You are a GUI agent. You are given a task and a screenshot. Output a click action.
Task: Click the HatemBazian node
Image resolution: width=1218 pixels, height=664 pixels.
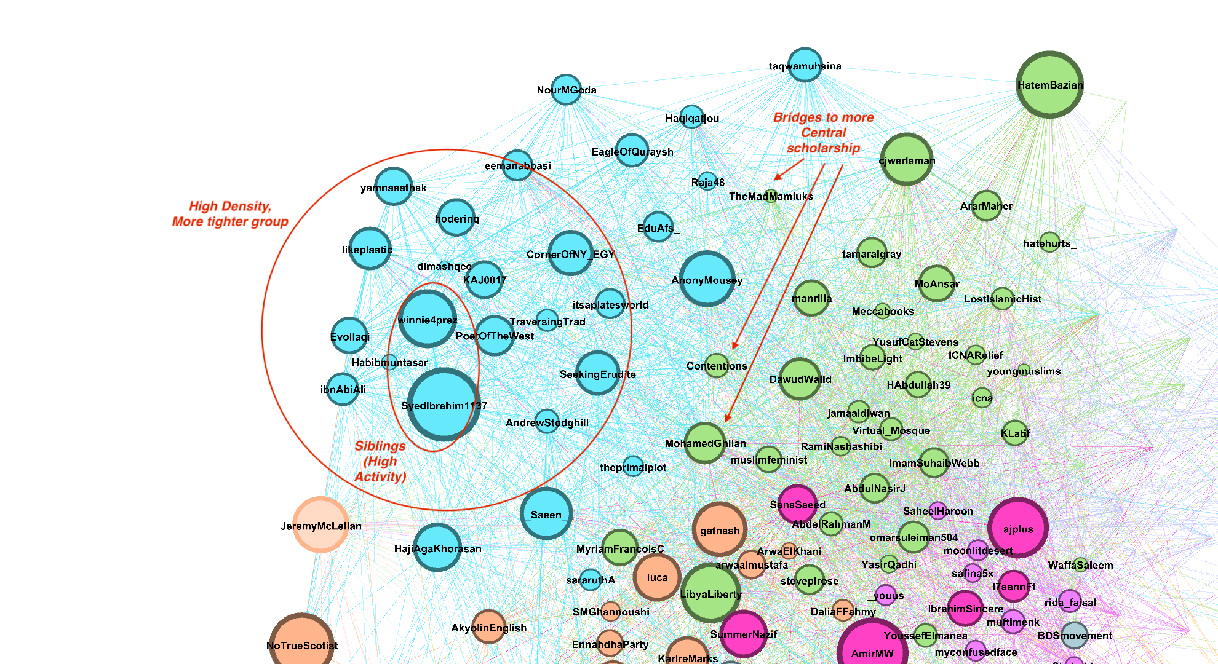click(1049, 84)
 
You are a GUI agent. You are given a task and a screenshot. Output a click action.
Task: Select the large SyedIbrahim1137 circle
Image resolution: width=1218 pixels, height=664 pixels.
click(444, 405)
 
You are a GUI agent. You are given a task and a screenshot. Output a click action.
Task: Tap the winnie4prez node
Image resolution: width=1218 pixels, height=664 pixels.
click(428, 319)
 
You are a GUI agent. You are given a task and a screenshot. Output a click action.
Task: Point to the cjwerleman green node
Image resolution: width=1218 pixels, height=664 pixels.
click(907, 159)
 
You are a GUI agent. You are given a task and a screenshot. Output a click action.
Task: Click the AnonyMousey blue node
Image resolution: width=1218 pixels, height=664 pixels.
click(707, 279)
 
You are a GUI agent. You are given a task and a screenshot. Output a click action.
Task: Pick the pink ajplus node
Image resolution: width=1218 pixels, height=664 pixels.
click(1018, 528)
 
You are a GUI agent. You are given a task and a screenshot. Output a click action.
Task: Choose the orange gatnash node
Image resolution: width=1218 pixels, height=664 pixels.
click(720, 529)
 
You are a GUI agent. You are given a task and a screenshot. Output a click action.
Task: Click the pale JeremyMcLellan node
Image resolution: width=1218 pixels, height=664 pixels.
click(320, 524)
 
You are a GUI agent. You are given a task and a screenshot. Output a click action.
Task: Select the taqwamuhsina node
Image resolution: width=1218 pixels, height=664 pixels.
click(805, 65)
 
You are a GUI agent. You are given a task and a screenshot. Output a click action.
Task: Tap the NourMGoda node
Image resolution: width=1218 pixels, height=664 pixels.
click(566, 90)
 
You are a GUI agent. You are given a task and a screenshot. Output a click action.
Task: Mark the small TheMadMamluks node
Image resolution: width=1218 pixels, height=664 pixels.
click(771, 196)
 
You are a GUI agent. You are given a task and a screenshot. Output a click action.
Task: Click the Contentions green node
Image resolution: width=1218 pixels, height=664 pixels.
click(717, 365)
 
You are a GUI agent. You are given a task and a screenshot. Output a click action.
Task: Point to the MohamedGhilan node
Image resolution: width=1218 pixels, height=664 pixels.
click(705, 443)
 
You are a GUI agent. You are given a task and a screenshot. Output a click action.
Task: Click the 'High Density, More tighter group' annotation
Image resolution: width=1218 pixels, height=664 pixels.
click(230, 214)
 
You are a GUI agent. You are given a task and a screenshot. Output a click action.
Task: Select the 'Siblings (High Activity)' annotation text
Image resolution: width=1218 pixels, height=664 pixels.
click(380, 461)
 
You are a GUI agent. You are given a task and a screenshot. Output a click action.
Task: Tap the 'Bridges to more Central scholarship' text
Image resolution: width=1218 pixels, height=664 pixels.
click(823, 132)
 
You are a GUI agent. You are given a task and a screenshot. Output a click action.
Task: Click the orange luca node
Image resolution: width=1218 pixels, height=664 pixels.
click(657, 577)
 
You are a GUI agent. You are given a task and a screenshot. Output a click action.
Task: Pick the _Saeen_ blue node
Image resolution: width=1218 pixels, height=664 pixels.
click(546, 513)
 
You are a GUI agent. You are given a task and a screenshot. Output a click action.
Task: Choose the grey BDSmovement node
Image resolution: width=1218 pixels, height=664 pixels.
click(1075, 635)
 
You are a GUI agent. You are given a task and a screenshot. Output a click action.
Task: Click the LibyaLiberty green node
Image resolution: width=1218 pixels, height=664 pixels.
click(710, 593)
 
